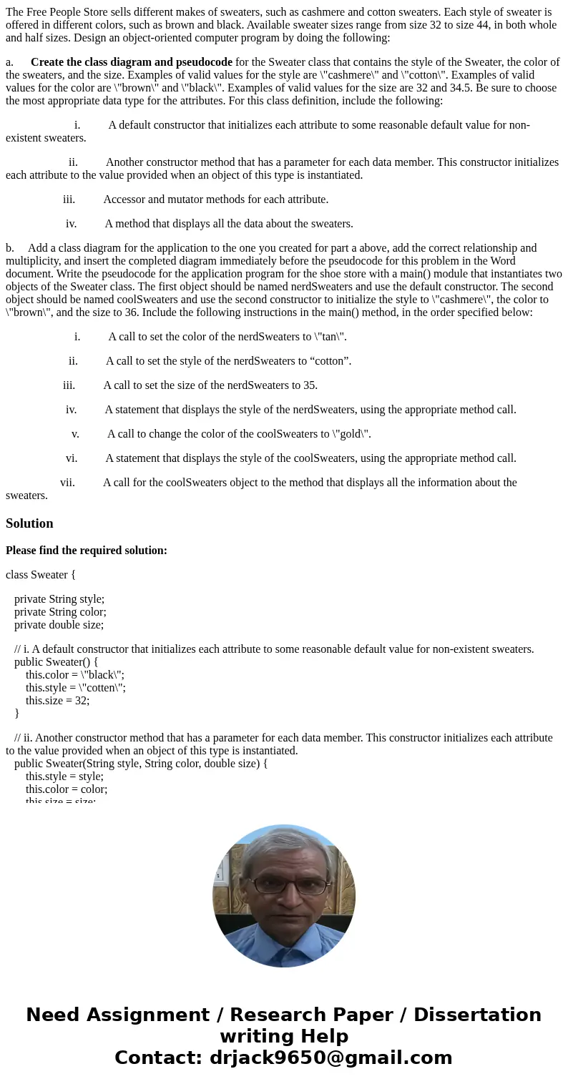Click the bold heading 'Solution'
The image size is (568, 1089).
29,523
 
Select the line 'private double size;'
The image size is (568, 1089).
59,624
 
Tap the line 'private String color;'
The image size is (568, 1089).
60,611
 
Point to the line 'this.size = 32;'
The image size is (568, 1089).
57,700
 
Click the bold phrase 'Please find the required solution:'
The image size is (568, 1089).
87,551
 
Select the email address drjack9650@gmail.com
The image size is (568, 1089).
330,1058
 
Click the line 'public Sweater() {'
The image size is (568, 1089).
57,661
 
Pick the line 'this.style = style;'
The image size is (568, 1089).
64,776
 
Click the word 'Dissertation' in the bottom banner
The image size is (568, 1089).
477,1015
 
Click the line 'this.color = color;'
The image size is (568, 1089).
67,789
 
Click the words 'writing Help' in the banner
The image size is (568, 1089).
284,1036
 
